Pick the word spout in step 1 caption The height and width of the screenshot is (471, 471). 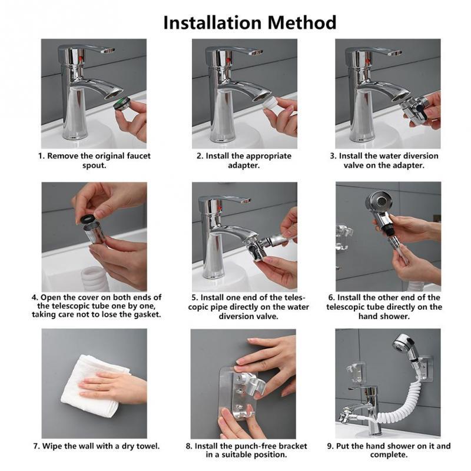coord(95,165)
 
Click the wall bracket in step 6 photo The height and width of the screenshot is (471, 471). coord(343,235)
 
